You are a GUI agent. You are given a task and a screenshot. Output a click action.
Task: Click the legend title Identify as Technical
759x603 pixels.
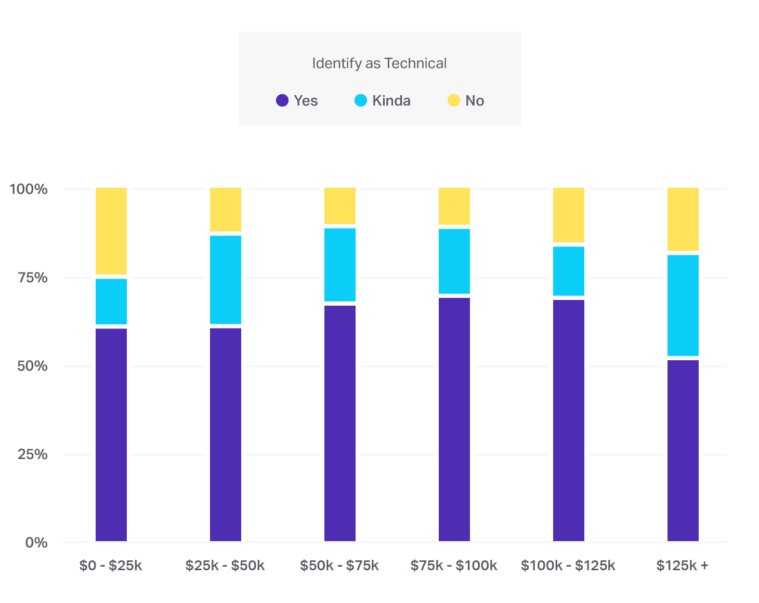(379, 63)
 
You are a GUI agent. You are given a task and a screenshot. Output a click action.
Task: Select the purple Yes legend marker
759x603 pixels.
(282, 100)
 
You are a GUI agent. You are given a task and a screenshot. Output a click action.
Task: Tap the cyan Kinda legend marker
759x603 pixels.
(361, 100)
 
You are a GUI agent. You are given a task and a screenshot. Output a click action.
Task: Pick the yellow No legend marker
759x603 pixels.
(454, 100)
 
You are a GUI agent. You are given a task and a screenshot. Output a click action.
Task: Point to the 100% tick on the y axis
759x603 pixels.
(29, 189)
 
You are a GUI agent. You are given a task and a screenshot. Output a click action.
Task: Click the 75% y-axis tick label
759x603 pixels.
(32, 278)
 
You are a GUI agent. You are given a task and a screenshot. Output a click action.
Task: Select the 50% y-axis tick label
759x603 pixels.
(32, 366)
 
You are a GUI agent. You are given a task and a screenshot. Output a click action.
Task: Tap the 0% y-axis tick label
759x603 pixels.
(36, 543)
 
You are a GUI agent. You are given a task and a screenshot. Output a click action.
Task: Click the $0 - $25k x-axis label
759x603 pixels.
(111, 566)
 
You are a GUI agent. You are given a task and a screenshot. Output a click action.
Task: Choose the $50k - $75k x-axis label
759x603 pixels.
(339, 566)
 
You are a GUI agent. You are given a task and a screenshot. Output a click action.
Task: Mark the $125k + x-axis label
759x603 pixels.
(682, 566)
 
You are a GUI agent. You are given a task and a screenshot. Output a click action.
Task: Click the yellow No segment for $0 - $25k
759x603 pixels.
(111, 231)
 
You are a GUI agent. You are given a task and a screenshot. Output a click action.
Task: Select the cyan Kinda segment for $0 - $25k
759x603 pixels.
(111, 301)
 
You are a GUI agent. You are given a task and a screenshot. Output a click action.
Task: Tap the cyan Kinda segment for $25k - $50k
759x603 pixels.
(226, 280)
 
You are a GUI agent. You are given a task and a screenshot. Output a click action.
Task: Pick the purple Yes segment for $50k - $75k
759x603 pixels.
(340, 423)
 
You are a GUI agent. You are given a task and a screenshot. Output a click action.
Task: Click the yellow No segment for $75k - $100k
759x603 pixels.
(454, 206)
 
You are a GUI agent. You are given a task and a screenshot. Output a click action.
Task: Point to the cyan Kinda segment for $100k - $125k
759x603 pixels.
(569, 271)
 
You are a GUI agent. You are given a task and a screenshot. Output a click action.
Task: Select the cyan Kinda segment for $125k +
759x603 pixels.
(683, 305)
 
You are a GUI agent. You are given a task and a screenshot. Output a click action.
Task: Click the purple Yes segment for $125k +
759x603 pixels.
(683, 450)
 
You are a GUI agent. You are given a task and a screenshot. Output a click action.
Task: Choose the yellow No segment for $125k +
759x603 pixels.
(683, 219)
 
